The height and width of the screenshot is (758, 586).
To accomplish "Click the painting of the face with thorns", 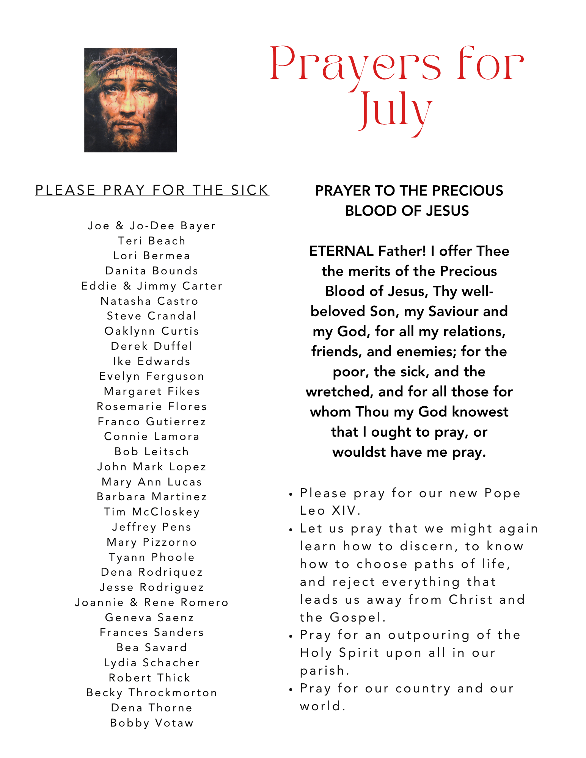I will click(130, 100).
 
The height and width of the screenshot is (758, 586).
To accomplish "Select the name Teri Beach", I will click(152, 241).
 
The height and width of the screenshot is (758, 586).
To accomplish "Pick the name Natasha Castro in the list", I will click(149, 301).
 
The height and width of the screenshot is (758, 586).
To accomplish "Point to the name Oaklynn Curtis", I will click(152, 331).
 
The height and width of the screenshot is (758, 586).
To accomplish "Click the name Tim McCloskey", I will click(152, 512).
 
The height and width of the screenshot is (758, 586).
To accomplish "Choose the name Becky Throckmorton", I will click(152, 693).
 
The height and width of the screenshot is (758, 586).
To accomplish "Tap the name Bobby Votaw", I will click(152, 723).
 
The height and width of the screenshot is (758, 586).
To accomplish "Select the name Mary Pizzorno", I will click(152, 542).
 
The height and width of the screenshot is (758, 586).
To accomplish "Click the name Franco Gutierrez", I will click(152, 422).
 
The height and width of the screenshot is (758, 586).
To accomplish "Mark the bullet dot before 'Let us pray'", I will click(291, 530).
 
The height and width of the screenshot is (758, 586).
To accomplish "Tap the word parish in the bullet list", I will click(324, 671).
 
